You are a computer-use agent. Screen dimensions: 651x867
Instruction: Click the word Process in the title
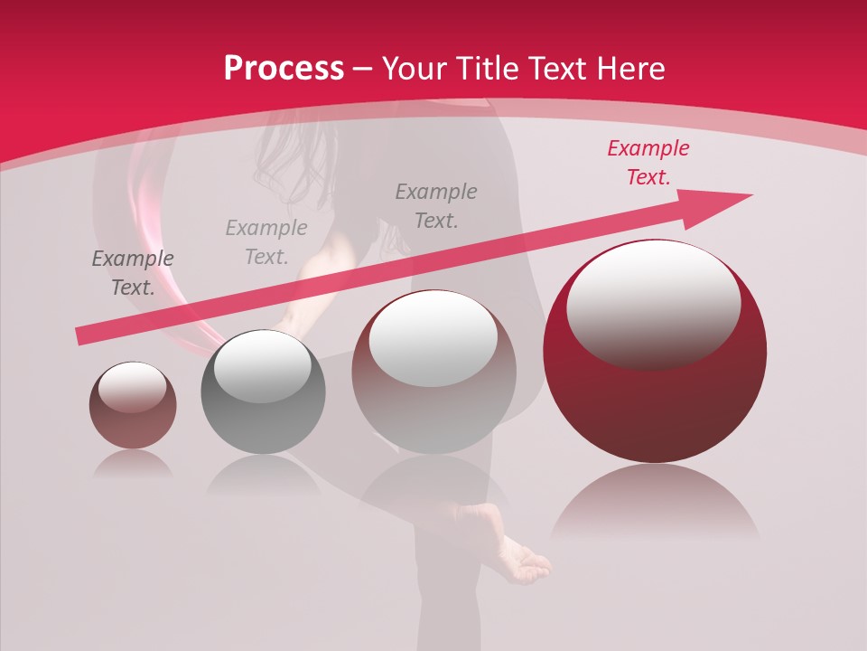(284, 69)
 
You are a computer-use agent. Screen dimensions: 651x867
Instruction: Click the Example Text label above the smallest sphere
(133, 273)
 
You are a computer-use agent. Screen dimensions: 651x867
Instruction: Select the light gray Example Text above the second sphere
(266, 242)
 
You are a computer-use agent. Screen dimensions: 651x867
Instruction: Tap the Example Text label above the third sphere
(436, 206)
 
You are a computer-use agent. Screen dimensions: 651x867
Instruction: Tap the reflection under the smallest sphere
(133, 465)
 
